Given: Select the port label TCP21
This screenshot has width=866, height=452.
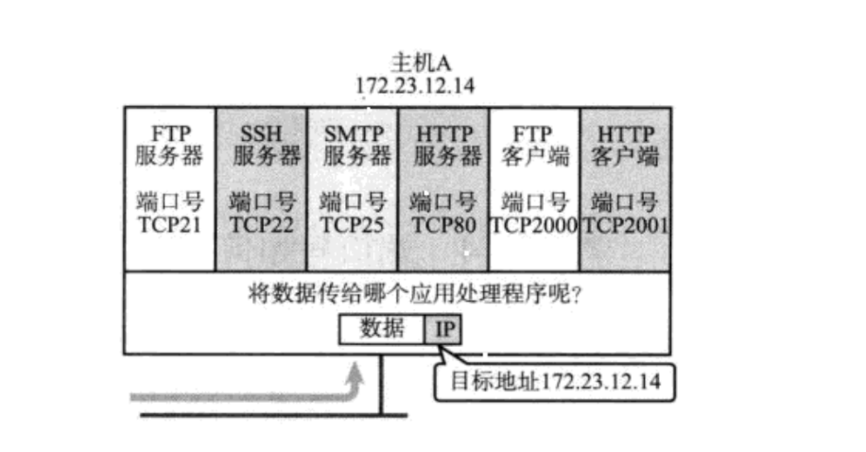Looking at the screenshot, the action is [x=170, y=225].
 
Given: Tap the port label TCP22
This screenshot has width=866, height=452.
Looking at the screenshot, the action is [x=262, y=225].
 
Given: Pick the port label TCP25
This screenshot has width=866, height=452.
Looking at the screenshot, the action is [x=353, y=225].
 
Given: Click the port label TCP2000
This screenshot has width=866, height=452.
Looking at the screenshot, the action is [x=534, y=225].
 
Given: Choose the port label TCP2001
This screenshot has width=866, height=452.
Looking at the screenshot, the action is [x=625, y=225].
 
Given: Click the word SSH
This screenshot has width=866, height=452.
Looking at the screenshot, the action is [x=261, y=132].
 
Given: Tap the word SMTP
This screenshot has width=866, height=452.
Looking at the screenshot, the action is [x=353, y=132].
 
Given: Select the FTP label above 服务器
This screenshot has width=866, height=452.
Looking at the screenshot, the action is [x=170, y=132].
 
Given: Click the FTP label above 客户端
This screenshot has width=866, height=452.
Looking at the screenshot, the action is [x=534, y=132].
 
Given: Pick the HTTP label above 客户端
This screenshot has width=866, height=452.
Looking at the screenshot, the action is [x=625, y=132].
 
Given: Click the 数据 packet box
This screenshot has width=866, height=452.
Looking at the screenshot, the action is [x=382, y=329].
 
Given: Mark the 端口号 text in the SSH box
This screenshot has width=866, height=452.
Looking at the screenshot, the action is [x=262, y=202].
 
